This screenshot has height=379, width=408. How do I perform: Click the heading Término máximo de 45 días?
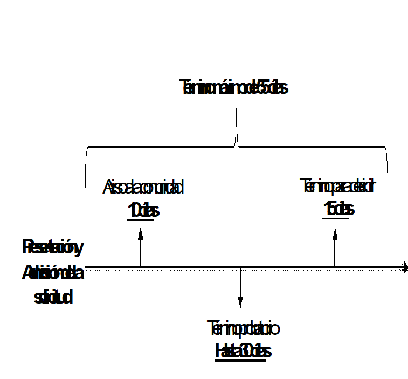point(236,88)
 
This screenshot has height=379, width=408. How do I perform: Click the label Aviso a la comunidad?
point(143,188)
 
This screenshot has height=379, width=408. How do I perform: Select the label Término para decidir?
point(337,188)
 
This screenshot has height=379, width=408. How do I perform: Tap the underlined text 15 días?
point(338,209)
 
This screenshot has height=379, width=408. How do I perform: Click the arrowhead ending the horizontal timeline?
point(404,266)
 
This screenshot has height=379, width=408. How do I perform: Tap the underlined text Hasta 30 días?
point(243,351)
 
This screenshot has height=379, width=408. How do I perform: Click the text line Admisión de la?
point(53,273)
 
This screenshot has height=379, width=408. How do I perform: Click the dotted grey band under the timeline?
point(243,272)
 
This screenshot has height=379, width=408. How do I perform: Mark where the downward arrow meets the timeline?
point(240,267)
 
